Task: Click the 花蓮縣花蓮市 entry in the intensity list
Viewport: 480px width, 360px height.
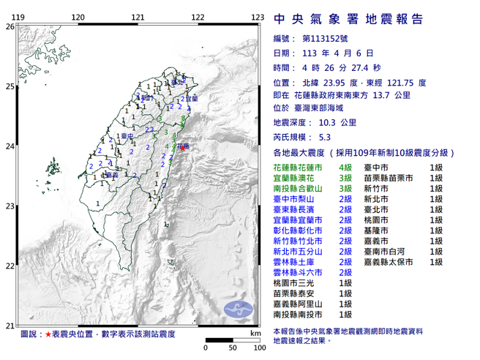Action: (x=296, y=168)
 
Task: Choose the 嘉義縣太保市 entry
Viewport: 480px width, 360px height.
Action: (x=392, y=260)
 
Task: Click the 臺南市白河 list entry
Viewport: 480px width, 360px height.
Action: (x=388, y=250)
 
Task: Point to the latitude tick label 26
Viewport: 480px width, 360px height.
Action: (x=10, y=26)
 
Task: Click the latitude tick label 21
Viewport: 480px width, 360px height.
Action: (x=10, y=325)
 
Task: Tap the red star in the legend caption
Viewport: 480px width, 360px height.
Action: (x=48, y=334)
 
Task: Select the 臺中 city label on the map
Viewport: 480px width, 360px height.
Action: (x=126, y=136)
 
